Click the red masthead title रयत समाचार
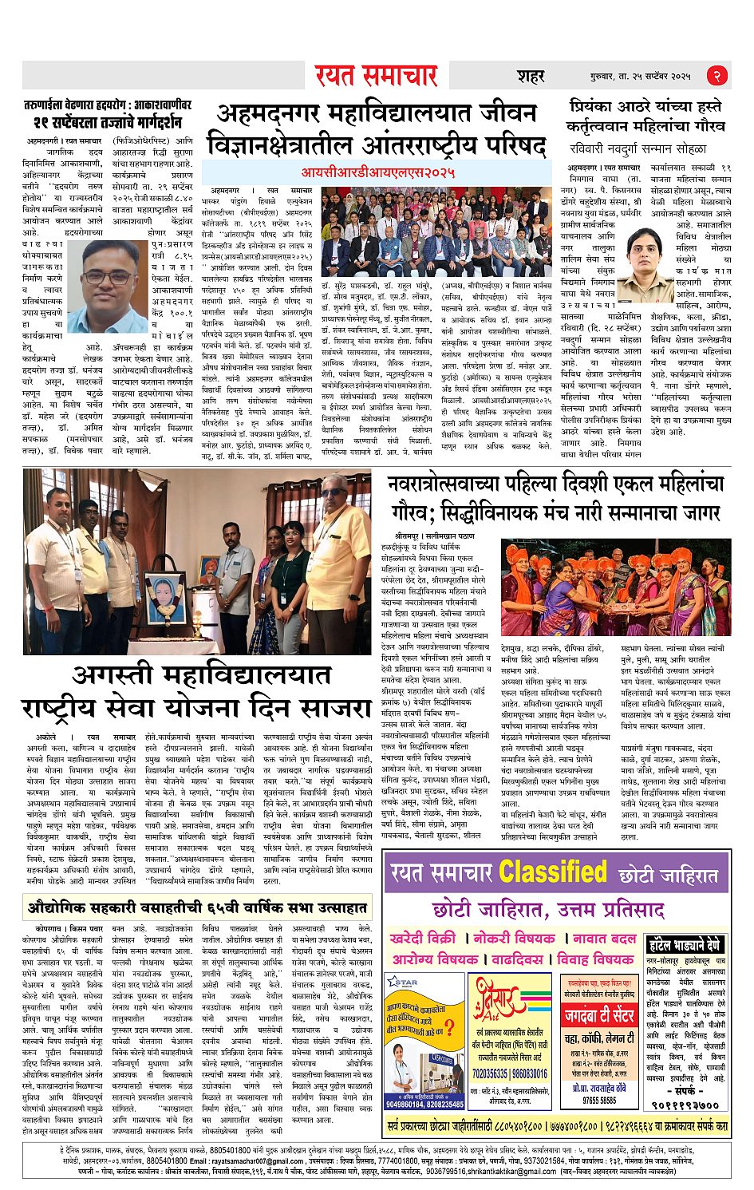(376, 76)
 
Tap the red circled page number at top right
(717, 76)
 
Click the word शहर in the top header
(531, 77)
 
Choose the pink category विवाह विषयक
(595, 959)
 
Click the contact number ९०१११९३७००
(684, 1105)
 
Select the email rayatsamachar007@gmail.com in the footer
(255, 1160)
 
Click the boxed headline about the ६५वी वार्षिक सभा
(196, 907)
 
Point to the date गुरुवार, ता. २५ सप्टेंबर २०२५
(636, 77)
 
